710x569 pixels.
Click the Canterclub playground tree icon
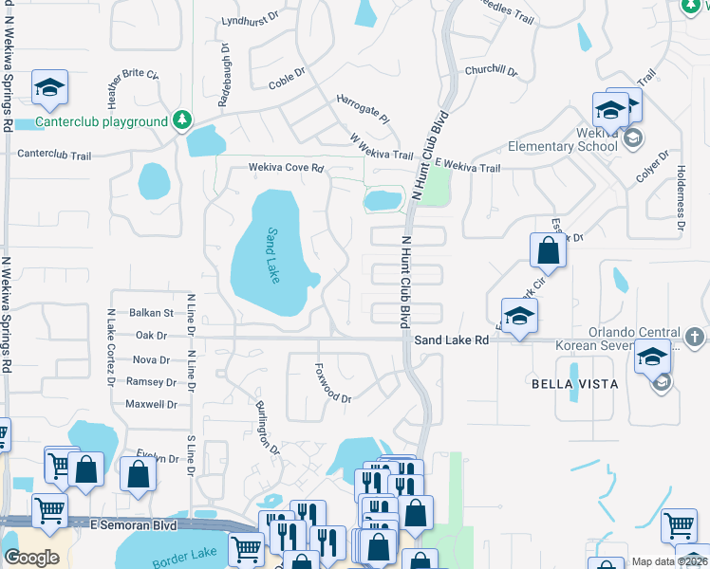[182, 121]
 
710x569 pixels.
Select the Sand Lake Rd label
[451, 339]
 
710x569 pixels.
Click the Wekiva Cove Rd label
[287, 168]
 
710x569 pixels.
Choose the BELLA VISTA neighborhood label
[574, 384]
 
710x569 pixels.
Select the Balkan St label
[153, 312]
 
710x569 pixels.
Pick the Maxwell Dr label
[151, 404]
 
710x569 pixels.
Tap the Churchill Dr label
[491, 71]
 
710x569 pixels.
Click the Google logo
[31, 557]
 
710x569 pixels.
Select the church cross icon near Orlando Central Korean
[694, 338]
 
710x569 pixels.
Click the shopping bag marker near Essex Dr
[548, 251]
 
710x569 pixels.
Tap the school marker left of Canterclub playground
[49, 89]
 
